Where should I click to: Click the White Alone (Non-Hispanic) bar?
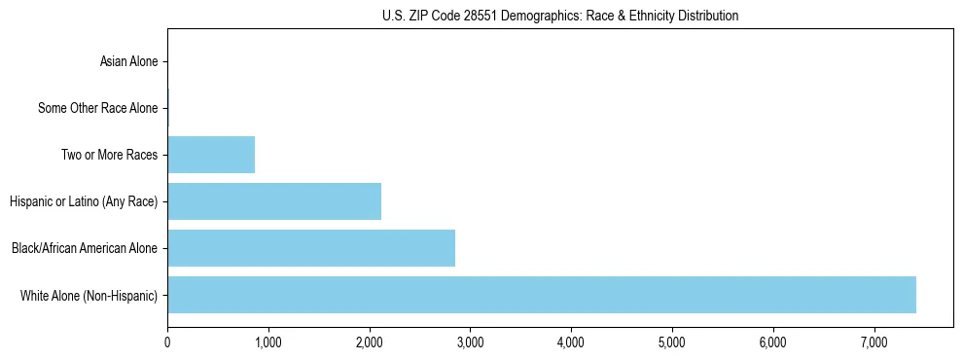(x=541, y=295)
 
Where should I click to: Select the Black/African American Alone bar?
(x=311, y=248)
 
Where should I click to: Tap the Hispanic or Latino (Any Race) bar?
(x=274, y=201)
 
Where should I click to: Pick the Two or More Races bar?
(x=211, y=155)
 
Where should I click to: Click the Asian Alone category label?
(x=128, y=61)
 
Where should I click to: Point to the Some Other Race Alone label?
(x=97, y=108)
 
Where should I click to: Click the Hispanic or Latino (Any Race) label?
(x=84, y=201)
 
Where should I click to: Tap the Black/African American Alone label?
(x=84, y=248)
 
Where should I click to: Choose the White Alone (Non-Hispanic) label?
(x=89, y=295)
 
